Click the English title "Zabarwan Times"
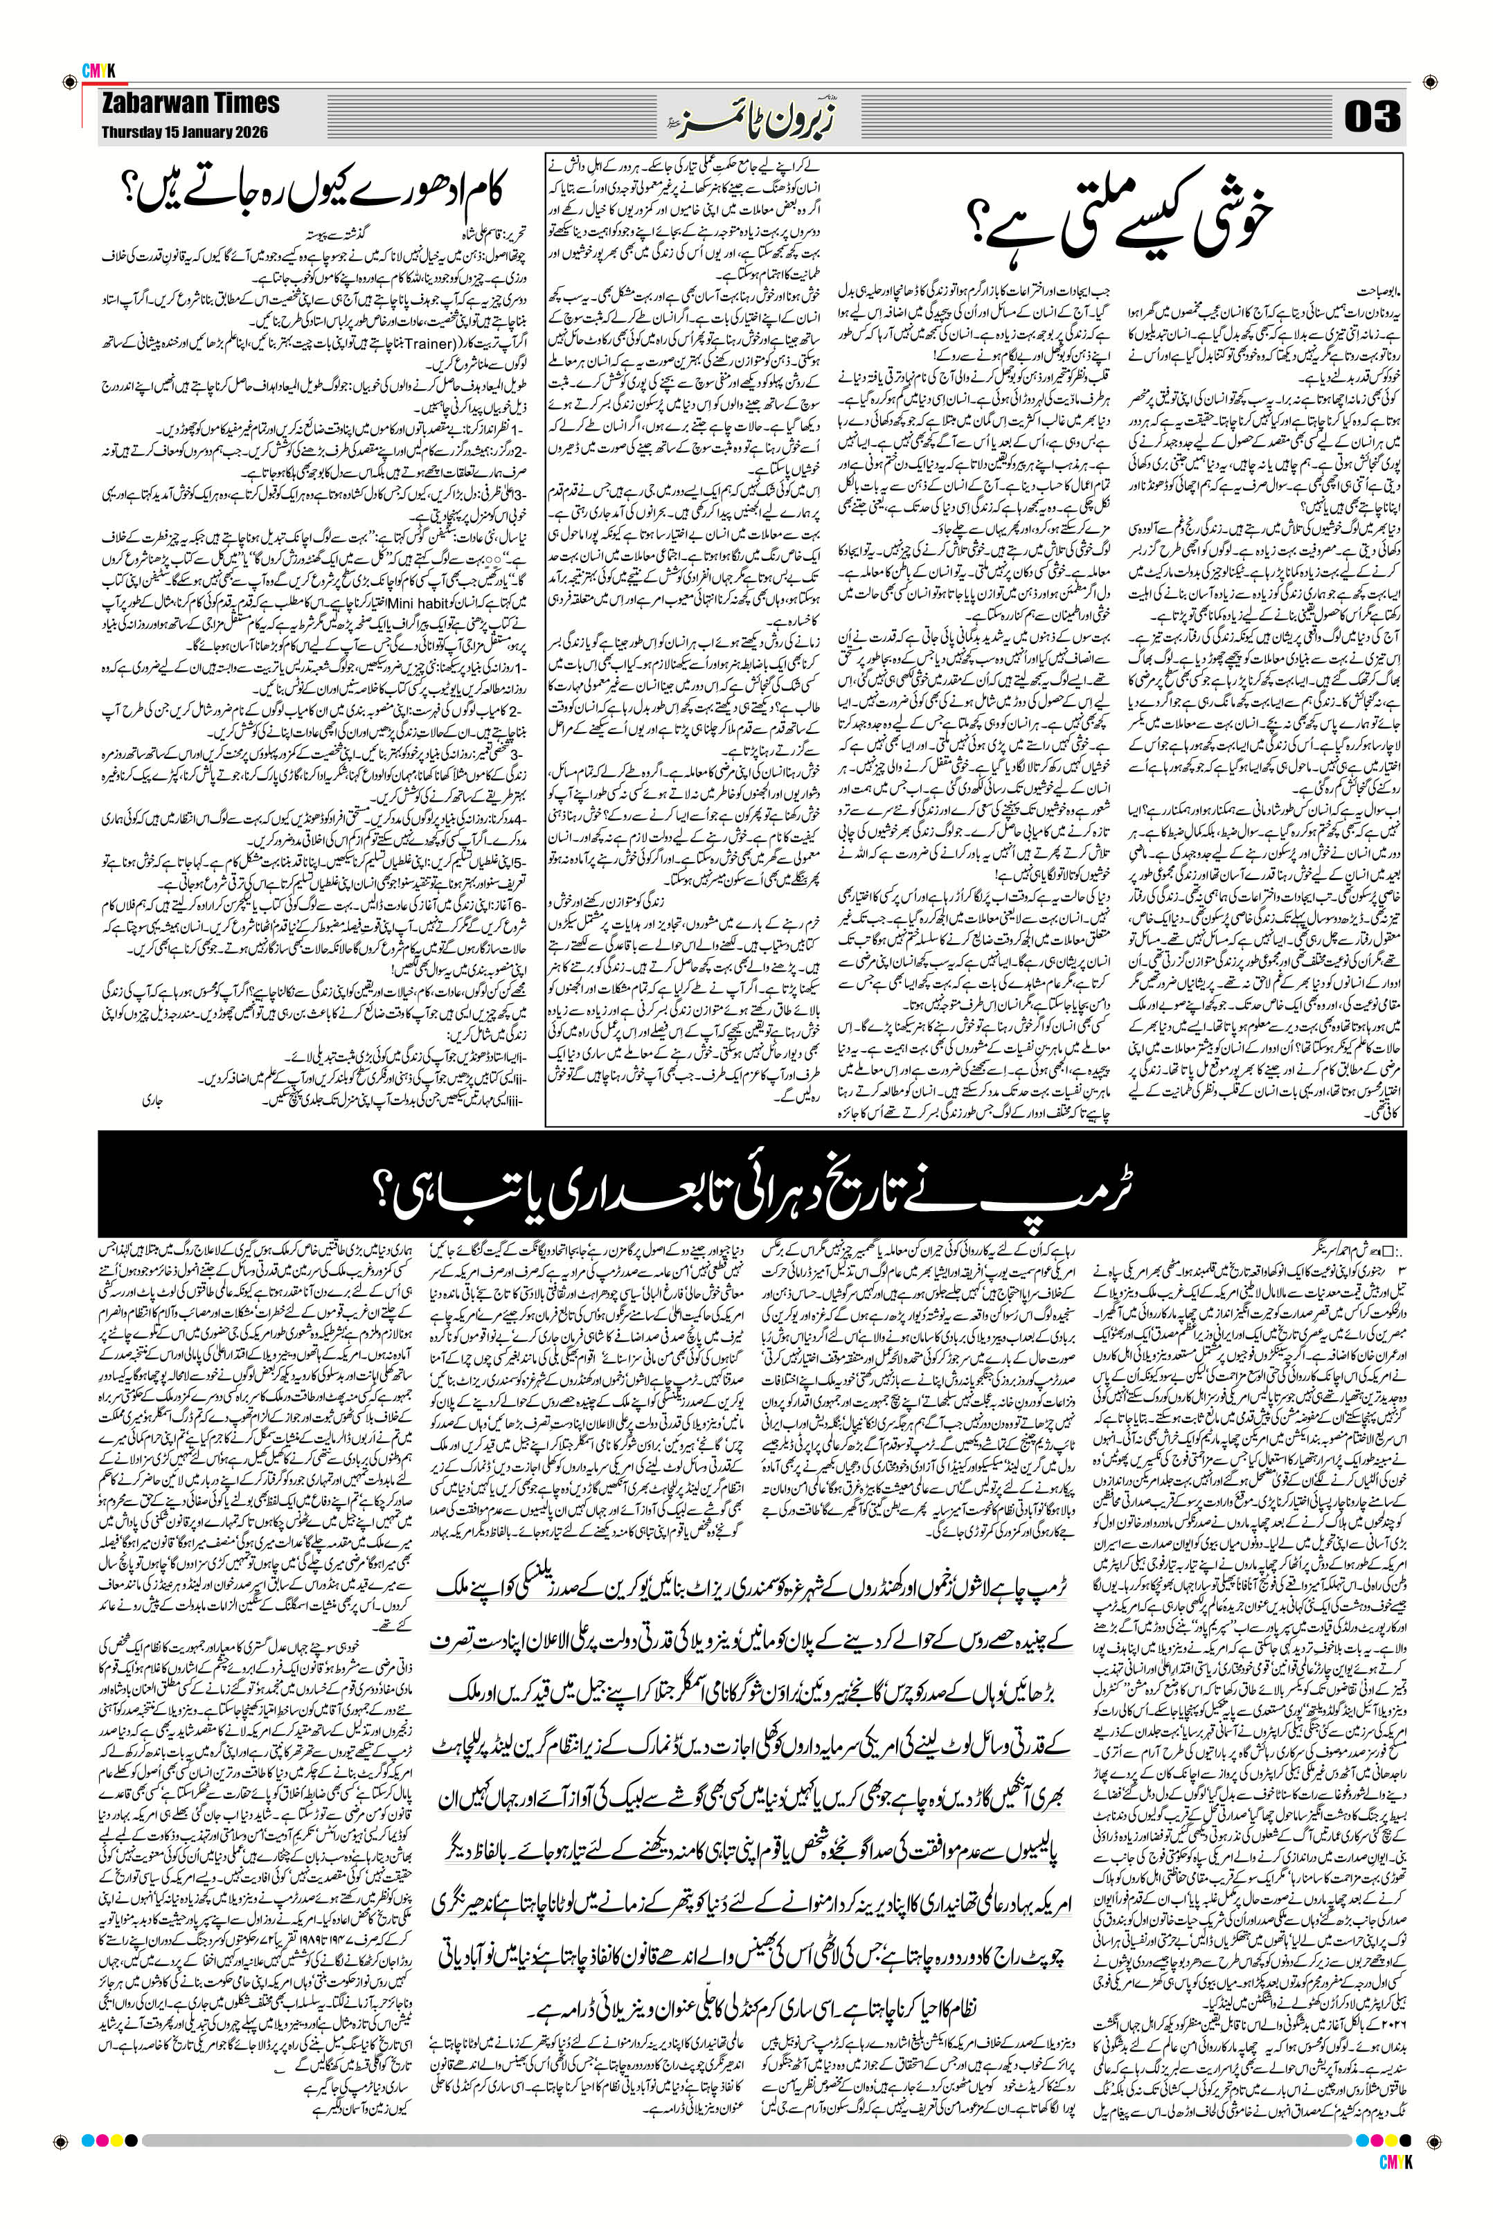point(191,104)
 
